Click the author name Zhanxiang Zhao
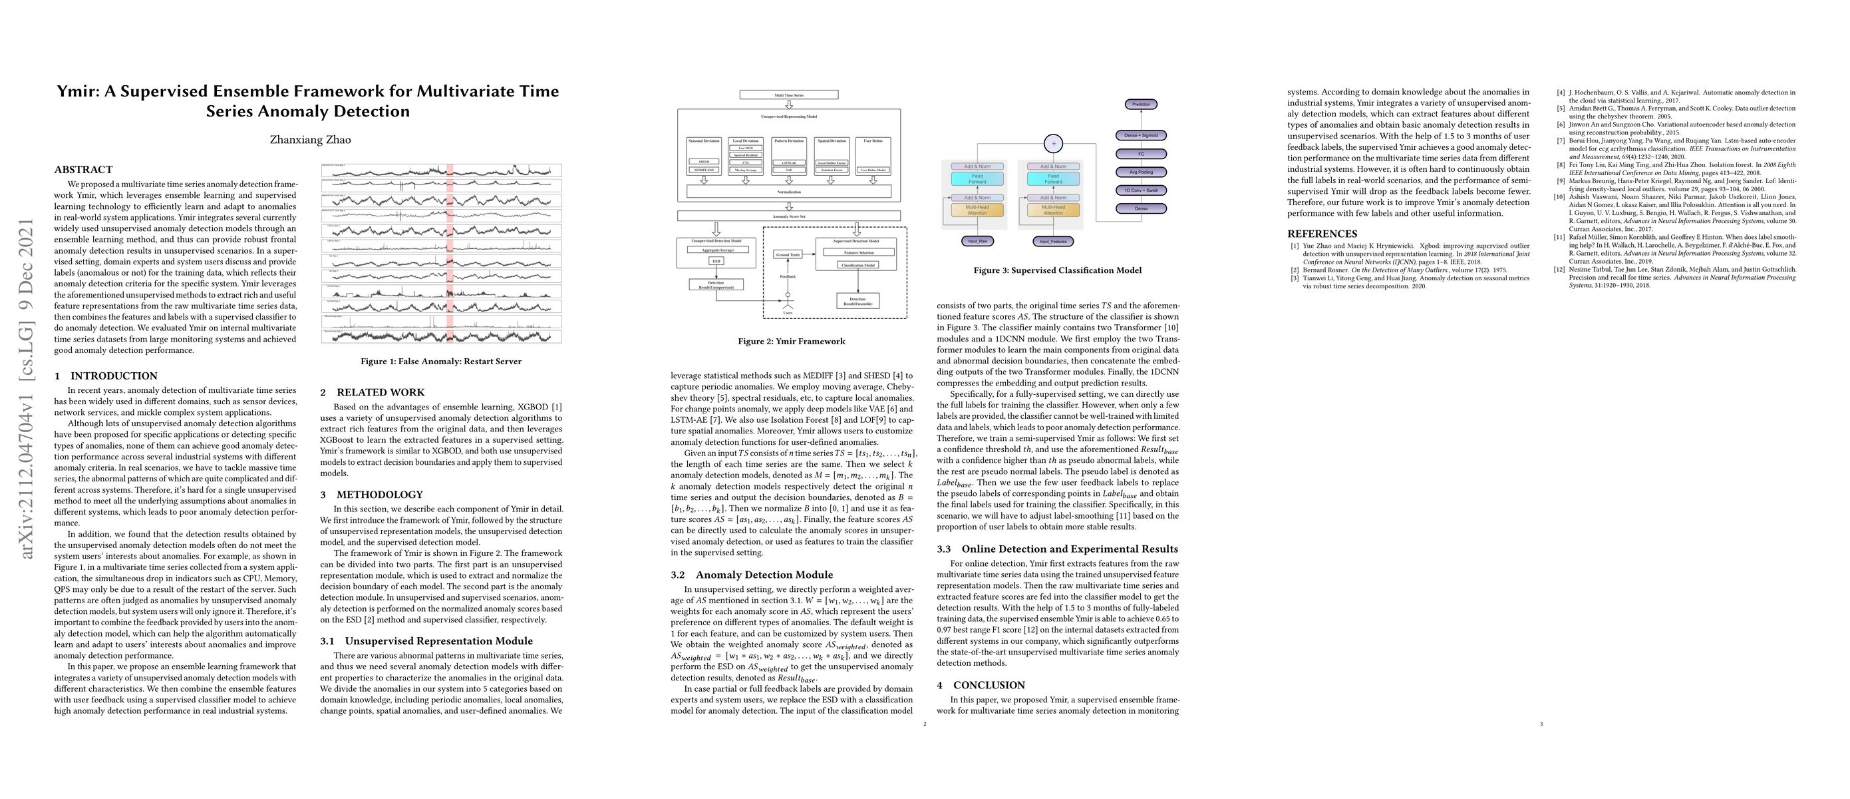310,139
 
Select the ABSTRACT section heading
83,170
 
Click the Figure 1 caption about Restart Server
441,362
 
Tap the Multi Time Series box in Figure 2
788,95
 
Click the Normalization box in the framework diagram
788,192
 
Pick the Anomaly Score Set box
788,216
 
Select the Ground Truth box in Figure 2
787,254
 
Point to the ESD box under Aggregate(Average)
716,261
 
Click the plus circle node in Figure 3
1054,144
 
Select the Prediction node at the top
1140,104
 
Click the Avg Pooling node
1140,172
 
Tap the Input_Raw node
977,242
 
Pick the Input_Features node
1054,242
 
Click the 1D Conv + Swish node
1140,190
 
